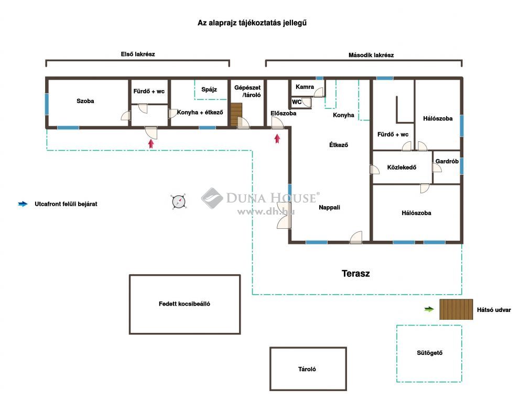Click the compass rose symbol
click(x=178, y=202)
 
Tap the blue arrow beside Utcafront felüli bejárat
click(x=23, y=204)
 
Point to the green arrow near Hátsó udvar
click(x=429, y=309)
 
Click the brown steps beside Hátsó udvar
click(x=456, y=309)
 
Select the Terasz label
click(x=355, y=274)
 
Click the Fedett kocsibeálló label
click(x=185, y=304)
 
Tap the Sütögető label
click(x=429, y=353)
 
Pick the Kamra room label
click(x=305, y=87)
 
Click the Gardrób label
click(x=447, y=161)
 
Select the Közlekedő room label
click(x=402, y=167)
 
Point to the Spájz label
click(x=209, y=90)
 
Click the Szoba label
click(x=85, y=101)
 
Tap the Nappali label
click(x=329, y=208)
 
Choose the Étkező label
click(x=339, y=144)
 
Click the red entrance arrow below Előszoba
click(x=277, y=138)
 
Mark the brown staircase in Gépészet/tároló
click(x=236, y=115)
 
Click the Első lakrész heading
click(x=138, y=54)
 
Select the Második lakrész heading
click(x=371, y=55)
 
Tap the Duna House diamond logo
click(x=212, y=198)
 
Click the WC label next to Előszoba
click(x=297, y=102)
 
